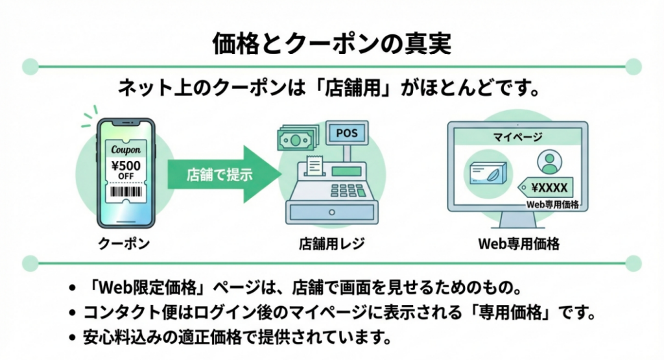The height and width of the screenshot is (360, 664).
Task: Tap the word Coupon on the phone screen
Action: [126, 149]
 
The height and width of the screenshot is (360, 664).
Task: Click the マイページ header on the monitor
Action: [517, 138]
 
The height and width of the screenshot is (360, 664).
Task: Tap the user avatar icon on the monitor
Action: [549, 162]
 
